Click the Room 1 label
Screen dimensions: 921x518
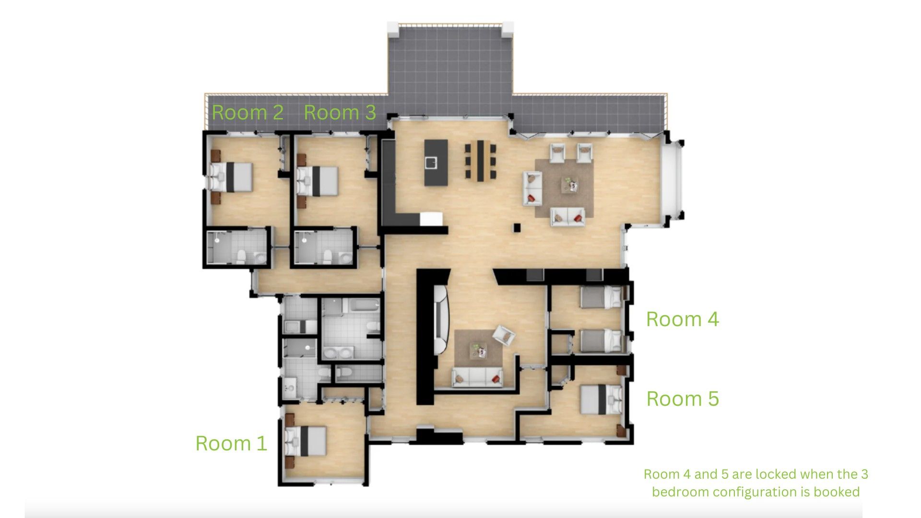point(231,443)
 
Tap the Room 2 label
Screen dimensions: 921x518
point(248,112)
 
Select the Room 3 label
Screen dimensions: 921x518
point(340,112)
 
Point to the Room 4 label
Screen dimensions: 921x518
point(682,319)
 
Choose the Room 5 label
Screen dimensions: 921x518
point(683,399)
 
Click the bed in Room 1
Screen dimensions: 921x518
point(306,441)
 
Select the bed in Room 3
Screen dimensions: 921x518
point(317,181)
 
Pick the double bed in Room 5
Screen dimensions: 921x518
point(602,399)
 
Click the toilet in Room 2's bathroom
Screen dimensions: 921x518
point(241,256)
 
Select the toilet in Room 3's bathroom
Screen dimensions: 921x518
point(328,256)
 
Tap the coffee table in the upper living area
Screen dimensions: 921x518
point(570,184)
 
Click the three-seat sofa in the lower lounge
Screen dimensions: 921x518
point(477,377)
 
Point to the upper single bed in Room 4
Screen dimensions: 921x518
point(601,297)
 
